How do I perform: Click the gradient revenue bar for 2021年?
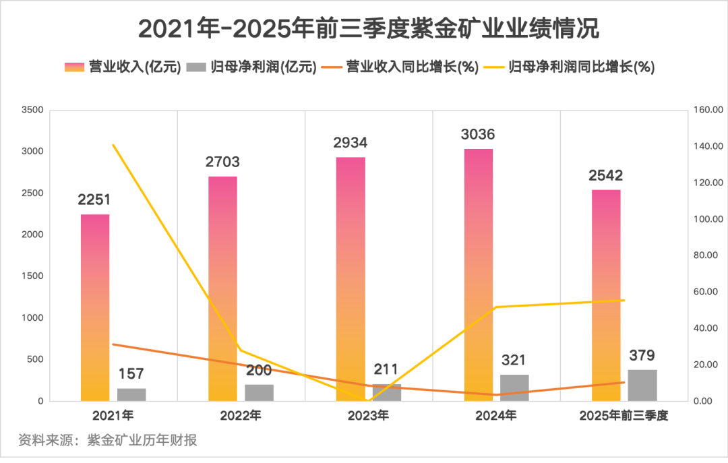click(95, 307)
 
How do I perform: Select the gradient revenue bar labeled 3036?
click(478, 274)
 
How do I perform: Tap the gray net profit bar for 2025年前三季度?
click(642, 385)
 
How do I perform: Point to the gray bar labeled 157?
click(131, 394)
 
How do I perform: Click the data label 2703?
click(222, 162)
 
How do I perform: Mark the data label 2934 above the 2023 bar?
click(350, 143)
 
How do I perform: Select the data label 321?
click(514, 361)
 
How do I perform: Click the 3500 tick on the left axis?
click(32, 110)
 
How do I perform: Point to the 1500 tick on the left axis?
click(32, 276)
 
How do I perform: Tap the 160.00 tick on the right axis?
click(708, 110)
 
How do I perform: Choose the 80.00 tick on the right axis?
click(708, 255)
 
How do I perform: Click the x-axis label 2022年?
click(241, 416)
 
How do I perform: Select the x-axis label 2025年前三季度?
click(624, 416)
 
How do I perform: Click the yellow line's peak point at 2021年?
click(113, 145)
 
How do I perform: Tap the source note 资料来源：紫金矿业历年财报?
click(108, 440)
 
